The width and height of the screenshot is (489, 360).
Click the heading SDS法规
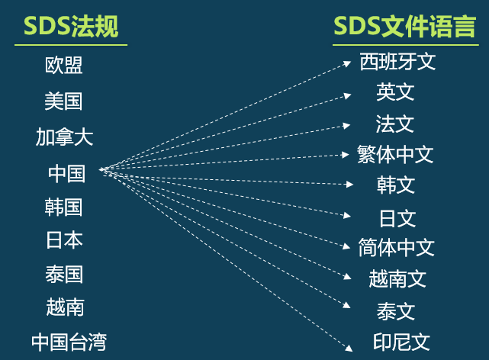71,27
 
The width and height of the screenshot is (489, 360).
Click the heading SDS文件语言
404,27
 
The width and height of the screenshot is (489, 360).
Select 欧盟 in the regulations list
64,66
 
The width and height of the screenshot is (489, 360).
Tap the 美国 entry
64,101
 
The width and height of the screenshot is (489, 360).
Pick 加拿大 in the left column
64,137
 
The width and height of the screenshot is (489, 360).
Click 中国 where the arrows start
67,173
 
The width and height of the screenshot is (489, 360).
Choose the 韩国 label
64,207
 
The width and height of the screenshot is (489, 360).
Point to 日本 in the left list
64,240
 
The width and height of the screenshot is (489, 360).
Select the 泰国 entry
64,274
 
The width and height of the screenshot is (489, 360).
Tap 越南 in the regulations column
64,307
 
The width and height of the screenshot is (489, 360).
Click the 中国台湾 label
69,342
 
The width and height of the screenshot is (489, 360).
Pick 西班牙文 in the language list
397,62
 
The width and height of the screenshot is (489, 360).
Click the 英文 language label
395,93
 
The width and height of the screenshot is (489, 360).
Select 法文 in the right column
395,124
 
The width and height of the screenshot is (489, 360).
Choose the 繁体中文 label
395,155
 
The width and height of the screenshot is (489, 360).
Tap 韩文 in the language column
396,185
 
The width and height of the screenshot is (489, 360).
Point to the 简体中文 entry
397,247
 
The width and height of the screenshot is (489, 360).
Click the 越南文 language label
397,278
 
